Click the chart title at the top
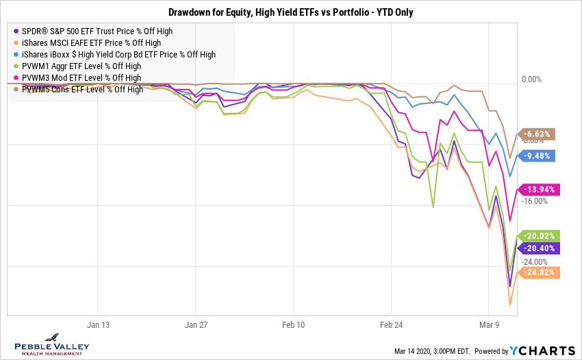point(291,12)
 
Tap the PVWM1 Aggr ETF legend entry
point(81,66)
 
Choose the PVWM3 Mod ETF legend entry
point(81,77)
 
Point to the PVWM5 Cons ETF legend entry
point(82,89)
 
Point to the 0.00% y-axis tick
point(531,79)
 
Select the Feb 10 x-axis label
point(293,325)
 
